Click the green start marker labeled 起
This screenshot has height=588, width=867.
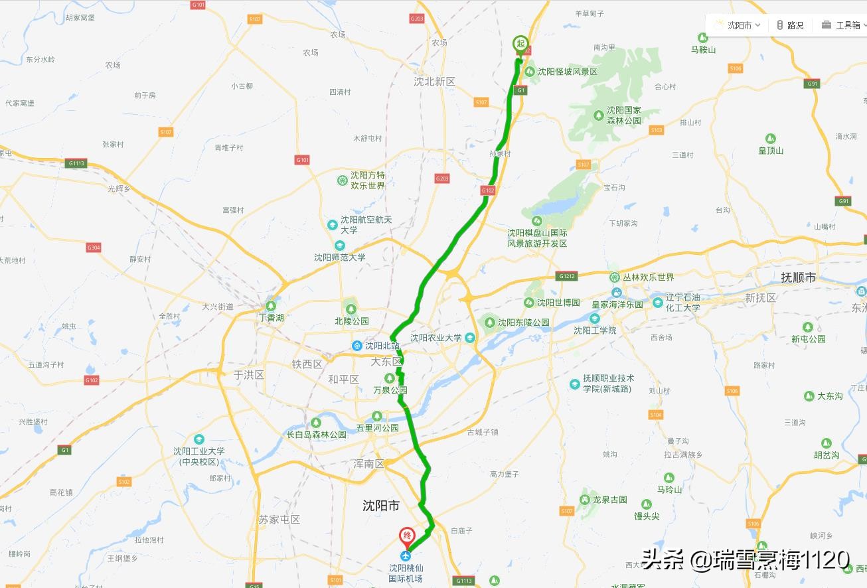[x=520, y=44]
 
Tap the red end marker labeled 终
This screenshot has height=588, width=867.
[x=406, y=536]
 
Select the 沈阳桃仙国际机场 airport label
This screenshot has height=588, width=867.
[x=406, y=573]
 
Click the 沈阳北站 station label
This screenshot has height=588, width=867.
[x=382, y=346]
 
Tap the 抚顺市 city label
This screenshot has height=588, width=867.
[x=798, y=277]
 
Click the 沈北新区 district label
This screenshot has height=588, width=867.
[x=434, y=81]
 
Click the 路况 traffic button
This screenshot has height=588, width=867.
[x=791, y=25]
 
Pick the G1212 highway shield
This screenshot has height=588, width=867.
[x=567, y=276]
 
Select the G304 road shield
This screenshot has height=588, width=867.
[x=94, y=248]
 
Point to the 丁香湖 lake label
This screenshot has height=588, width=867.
[x=271, y=318]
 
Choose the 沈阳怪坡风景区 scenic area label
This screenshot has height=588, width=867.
[x=567, y=72]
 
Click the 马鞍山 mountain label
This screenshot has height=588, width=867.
[x=703, y=50]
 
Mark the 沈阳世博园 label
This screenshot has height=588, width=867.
[x=558, y=303]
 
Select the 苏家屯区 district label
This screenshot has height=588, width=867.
[x=279, y=520]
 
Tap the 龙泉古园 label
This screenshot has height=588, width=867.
[x=609, y=500]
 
